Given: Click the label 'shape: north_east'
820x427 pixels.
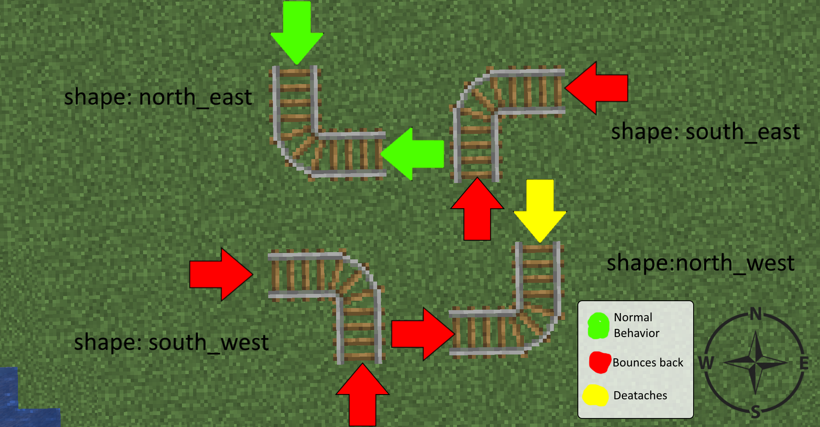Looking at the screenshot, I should pyautogui.click(x=158, y=97).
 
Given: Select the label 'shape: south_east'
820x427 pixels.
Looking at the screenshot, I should pyautogui.click(x=705, y=131).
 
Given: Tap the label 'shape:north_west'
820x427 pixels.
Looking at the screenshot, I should pyautogui.click(x=700, y=263).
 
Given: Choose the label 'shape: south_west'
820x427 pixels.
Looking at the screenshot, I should pyautogui.click(x=171, y=343).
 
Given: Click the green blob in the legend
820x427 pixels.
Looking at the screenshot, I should pyautogui.click(x=598, y=326).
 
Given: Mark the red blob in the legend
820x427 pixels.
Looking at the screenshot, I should pyautogui.click(x=599, y=362).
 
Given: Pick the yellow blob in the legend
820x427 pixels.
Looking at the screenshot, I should pyautogui.click(x=596, y=395).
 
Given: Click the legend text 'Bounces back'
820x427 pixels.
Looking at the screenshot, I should pyautogui.click(x=647, y=363).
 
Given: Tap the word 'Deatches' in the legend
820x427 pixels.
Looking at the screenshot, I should pyautogui.click(x=640, y=395).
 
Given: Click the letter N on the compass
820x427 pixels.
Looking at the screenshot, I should pyautogui.click(x=756, y=314).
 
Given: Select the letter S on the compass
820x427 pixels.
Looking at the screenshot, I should pyautogui.click(x=756, y=412).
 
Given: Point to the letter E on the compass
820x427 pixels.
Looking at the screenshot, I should pyautogui.click(x=804, y=363).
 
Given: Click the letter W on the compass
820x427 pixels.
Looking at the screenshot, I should pyautogui.click(x=706, y=363).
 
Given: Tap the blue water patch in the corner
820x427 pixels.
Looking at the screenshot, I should pyautogui.click(x=17, y=405).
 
